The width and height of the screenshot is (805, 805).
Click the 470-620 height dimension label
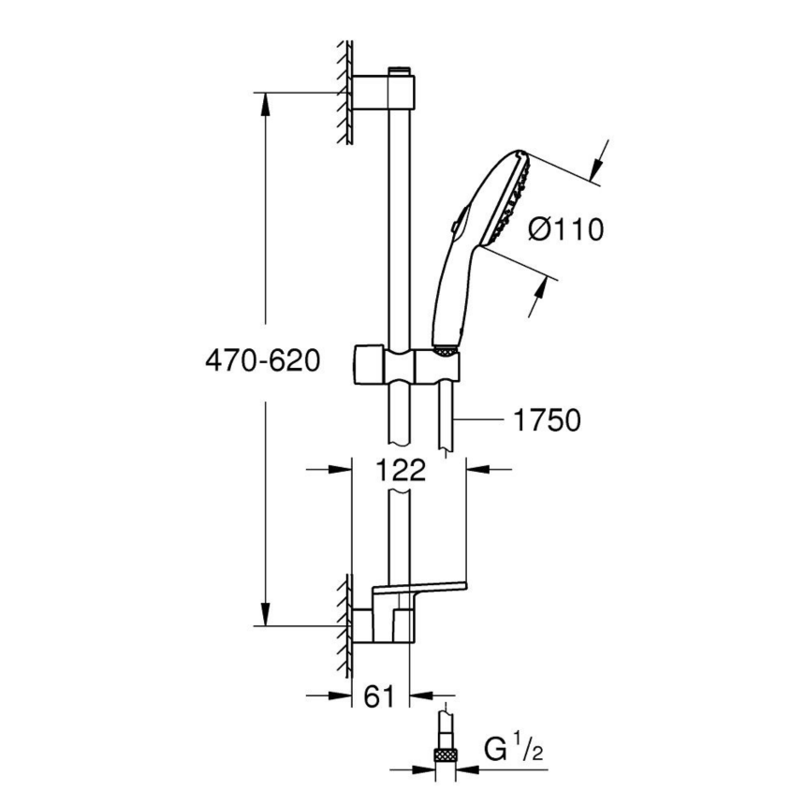point(262,360)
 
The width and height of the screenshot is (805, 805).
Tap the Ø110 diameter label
point(565,228)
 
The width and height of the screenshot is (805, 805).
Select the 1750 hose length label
point(547,421)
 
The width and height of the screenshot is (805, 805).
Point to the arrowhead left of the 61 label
point(343,695)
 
